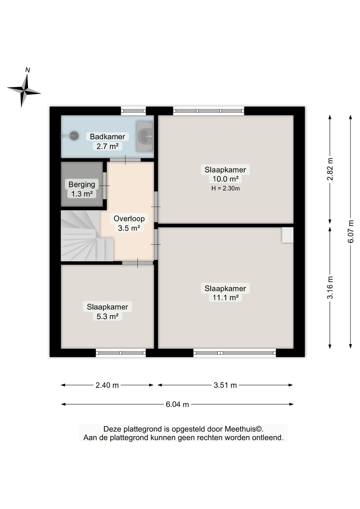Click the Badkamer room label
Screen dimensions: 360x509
tap(107, 136)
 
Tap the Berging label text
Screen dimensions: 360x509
tap(82, 184)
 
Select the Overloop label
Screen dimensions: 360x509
tap(129, 218)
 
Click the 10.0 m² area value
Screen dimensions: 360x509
tap(225, 179)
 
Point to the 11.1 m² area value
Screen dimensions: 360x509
tap(225, 298)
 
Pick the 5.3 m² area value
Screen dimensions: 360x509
tap(107, 316)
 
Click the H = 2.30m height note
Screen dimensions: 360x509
tap(225, 188)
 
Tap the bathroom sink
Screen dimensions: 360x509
tap(145, 136)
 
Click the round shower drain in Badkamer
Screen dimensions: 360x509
tap(74, 136)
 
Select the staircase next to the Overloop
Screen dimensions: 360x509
tap(84, 236)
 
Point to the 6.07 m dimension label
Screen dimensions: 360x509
tap(350, 231)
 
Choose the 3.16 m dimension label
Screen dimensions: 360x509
tap(330, 288)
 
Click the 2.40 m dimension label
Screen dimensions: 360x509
tap(107, 385)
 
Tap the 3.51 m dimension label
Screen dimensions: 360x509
tap(225, 385)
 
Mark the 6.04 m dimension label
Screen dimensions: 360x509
tap(177, 405)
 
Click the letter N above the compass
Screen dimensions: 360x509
tap(27, 70)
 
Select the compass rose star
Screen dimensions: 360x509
tap(24, 90)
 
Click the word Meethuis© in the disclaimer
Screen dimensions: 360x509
tap(244, 429)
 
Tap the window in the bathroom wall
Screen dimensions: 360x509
tap(133, 111)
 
